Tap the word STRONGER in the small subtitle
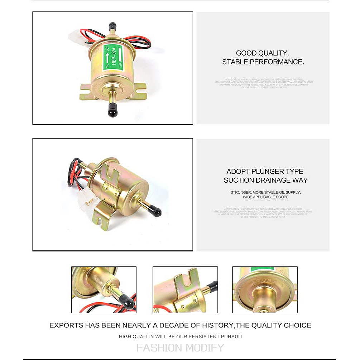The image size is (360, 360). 241,192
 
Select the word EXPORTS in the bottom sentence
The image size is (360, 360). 65,325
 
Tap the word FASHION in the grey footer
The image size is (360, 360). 159,348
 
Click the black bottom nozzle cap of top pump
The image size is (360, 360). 112,110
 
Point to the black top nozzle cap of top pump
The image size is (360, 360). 112,26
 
